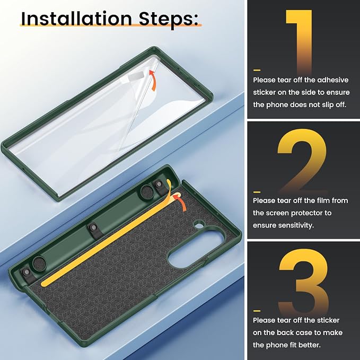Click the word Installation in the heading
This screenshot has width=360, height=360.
76,19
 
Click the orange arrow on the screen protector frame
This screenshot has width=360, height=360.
153,81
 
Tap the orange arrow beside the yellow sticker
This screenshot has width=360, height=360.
180,201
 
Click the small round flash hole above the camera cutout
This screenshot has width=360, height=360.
199,224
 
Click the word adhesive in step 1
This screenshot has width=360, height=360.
333,80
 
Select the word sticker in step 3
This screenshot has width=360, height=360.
326,320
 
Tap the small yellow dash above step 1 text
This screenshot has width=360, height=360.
257,70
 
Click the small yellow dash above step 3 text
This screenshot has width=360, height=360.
257,311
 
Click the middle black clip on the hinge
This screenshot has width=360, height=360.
94,230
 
